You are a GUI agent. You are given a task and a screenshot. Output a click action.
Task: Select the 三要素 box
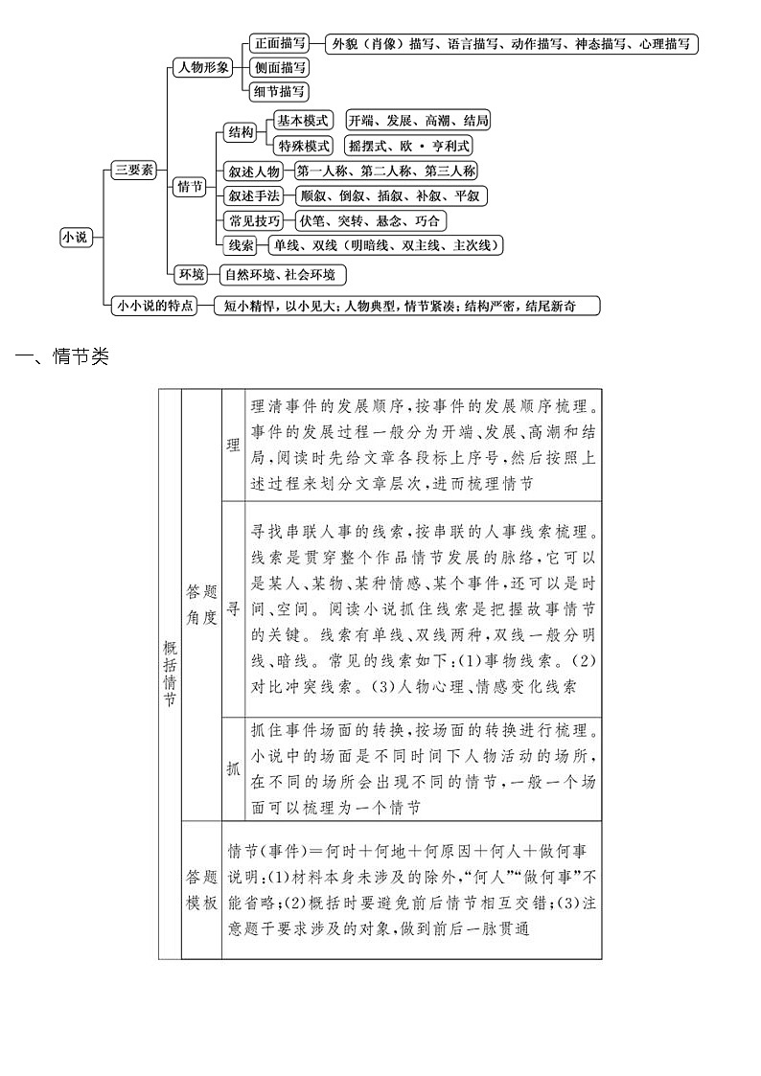coord(134,170)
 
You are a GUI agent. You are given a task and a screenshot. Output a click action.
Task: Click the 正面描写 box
coord(279,44)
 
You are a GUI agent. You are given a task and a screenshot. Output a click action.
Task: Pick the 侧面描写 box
coord(279,68)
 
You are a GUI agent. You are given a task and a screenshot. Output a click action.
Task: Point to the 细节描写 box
coord(279,92)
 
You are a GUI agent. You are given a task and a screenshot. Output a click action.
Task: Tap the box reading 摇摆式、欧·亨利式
coord(410,147)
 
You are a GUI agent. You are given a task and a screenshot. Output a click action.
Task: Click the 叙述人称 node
coord(253,172)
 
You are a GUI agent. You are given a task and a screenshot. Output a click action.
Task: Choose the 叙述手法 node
coord(253,196)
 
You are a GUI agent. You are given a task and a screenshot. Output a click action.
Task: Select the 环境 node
coord(192,275)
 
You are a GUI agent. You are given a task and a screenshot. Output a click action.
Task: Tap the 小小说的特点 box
coord(153,306)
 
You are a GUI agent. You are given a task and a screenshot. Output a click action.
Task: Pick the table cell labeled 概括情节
coord(170,674)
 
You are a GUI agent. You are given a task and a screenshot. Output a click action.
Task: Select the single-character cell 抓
coord(234,768)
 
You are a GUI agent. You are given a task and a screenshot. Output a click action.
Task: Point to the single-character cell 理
coord(234,445)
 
